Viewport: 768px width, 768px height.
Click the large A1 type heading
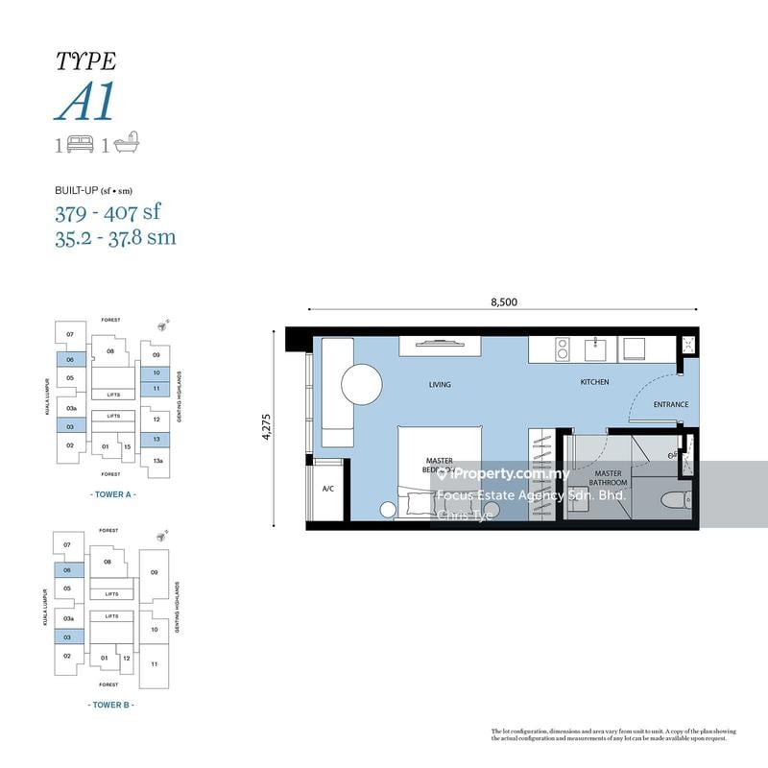coord(85,101)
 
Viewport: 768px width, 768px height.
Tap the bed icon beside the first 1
coord(81,144)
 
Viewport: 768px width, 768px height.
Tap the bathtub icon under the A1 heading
coord(127,144)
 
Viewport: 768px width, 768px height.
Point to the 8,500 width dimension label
coord(504,301)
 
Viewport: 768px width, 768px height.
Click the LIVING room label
coord(439,384)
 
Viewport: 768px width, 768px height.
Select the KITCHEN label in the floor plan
coord(594,382)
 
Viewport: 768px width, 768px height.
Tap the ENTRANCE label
coord(670,404)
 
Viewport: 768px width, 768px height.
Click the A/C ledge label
coord(327,490)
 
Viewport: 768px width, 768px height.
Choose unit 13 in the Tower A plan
coord(155,439)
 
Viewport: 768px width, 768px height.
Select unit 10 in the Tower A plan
coord(155,372)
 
